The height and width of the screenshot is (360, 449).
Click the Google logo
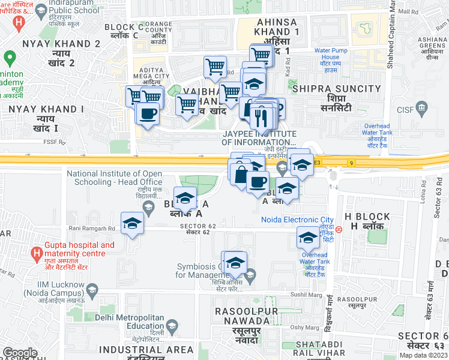coord(20,352)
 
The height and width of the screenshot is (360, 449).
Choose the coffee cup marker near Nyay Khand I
coord(147,113)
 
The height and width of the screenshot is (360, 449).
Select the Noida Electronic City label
coord(297,220)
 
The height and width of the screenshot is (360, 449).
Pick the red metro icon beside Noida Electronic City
coord(339,228)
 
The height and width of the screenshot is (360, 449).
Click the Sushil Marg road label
coord(303,295)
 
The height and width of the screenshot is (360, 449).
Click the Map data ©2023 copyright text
coord(423,355)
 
